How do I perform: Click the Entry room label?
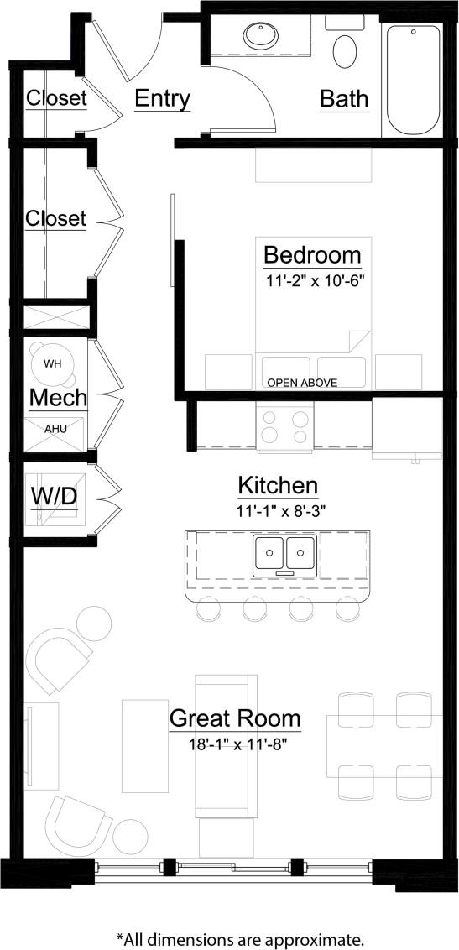[x=162, y=99]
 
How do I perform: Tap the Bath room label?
[x=344, y=99]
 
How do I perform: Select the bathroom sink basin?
[x=258, y=35]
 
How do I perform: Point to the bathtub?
[x=412, y=80]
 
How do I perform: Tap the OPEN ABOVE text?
[x=302, y=383]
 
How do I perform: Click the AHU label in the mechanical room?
[x=55, y=428]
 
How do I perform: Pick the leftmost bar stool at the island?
[x=207, y=610]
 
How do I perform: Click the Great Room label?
[x=235, y=718]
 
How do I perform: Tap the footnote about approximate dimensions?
[x=239, y=937]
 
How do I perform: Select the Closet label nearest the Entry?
[x=56, y=98]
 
